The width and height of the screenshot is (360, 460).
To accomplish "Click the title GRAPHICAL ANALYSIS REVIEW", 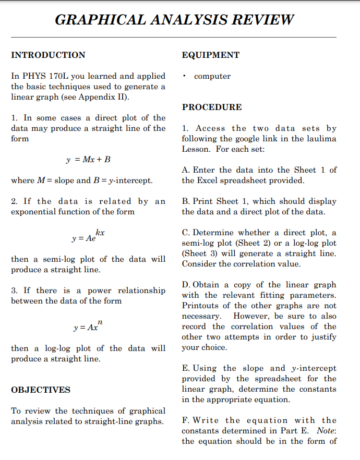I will [174, 20].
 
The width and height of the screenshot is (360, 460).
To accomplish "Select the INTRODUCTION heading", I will [48, 55].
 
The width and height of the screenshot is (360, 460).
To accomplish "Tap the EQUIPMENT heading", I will [210, 55].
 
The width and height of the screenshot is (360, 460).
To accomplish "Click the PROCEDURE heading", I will [211, 107].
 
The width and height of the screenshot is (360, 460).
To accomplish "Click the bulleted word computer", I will [212, 76].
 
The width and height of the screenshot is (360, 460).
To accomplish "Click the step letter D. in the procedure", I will [186, 285].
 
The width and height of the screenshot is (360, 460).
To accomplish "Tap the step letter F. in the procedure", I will [185, 420].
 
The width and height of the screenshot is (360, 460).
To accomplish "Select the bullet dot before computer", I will [185, 76].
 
